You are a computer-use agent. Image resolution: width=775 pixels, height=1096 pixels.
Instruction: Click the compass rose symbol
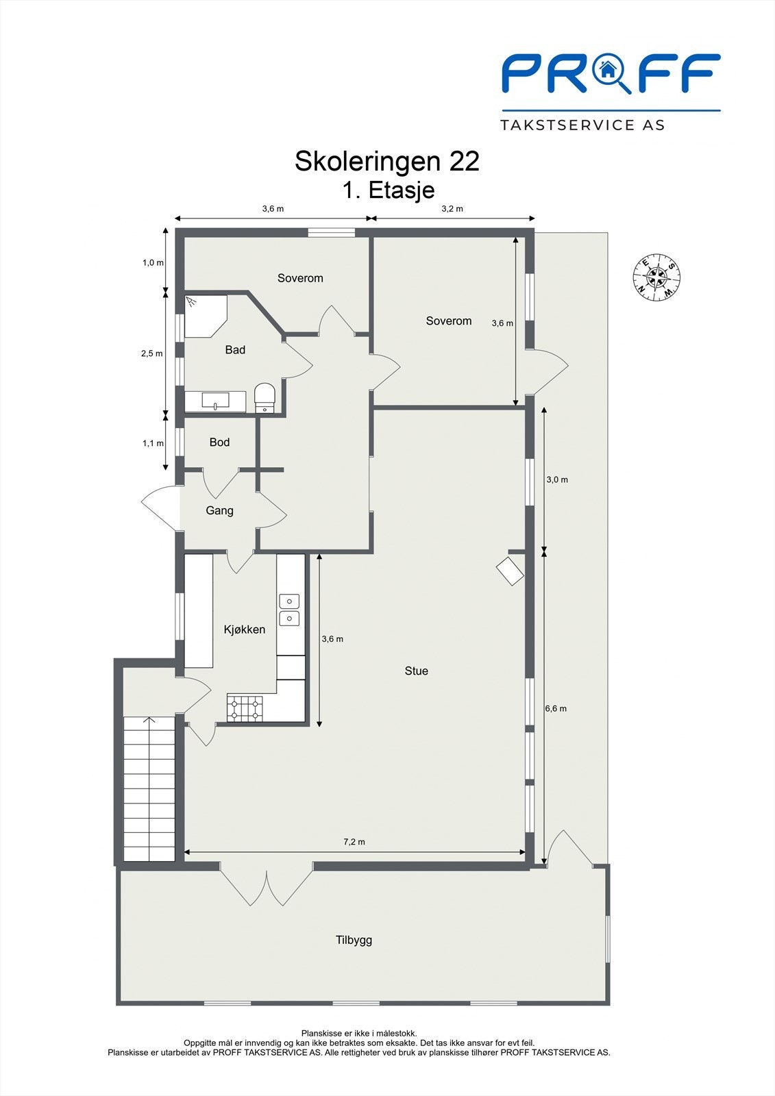(656, 277)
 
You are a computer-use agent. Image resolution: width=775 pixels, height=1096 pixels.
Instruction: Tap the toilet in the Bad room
(265, 397)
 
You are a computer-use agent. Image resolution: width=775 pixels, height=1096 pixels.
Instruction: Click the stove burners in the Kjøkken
(245, 708)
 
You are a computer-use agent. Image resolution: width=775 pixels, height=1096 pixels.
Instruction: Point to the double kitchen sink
(289, 610)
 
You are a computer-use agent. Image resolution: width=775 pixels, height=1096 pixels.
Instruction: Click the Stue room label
(416, 671)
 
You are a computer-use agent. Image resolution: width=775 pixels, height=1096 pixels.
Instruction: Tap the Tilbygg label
(354, 940)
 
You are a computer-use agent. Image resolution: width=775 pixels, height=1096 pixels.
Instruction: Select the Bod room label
(219, 443)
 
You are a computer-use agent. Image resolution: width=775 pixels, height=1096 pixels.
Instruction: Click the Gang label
(219, 510)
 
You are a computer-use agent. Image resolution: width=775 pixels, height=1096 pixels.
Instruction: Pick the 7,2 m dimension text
(354, 842)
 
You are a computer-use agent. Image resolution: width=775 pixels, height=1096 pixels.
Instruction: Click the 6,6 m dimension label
(556, 709)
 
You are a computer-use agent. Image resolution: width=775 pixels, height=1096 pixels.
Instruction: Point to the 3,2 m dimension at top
(452, 209)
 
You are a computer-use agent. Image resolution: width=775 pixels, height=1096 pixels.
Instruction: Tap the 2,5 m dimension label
(151, 353)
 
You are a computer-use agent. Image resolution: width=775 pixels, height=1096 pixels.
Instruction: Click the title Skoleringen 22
(386, 162)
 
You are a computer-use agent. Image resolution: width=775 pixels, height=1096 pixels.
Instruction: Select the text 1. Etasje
(389, 190)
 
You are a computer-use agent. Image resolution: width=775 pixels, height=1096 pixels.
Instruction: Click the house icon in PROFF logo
(607, 68)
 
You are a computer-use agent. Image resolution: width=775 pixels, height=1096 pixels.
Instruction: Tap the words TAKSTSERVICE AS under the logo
(582, 125)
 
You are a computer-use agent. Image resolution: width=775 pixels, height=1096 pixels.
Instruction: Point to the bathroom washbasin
(215, 401)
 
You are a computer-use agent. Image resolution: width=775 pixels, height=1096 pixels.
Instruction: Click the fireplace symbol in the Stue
(510, 571)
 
